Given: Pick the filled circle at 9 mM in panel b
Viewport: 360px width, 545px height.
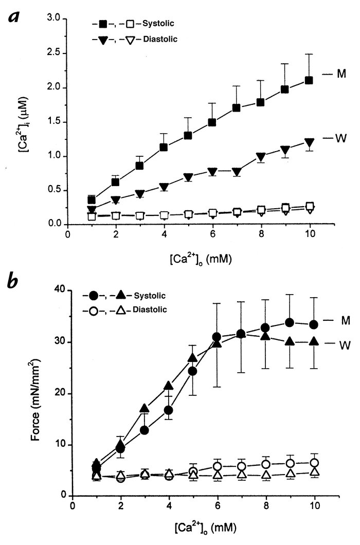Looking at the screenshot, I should pyautogui.click(x=290, y=322).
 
